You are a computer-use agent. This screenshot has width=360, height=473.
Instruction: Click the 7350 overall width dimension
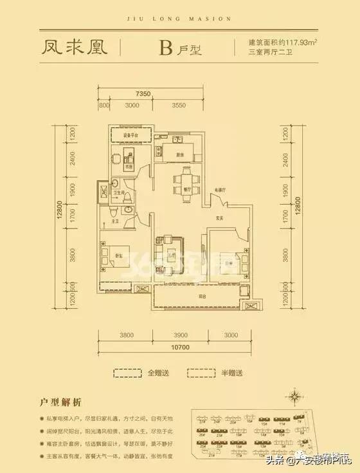click(x=144, y=95)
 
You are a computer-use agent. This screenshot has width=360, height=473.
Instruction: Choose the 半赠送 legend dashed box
click(x=202, y=373)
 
